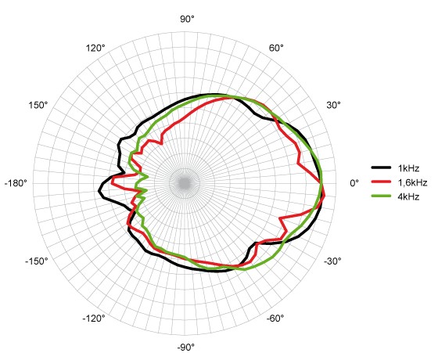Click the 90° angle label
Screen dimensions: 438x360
(187, 20)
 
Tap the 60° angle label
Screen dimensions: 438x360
(276, 48)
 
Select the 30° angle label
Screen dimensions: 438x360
(333, 106)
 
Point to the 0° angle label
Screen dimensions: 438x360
(354, 183)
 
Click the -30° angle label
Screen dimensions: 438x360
(332, 261)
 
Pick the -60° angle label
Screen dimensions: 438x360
(275, 318)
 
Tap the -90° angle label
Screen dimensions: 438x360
(186, 347)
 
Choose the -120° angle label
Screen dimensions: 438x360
(94, 318)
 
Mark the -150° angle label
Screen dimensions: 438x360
(37, 261)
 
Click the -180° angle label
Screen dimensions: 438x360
(16, 183)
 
